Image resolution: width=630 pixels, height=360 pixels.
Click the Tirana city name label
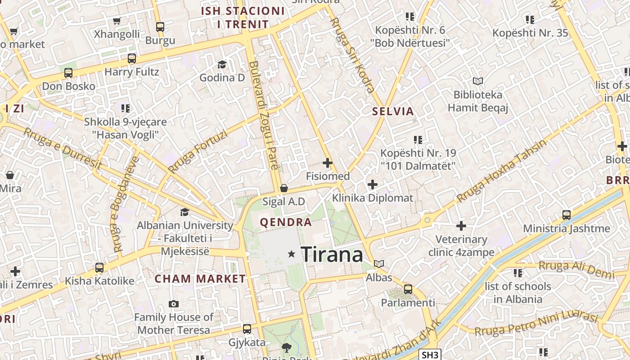pyautogui.click(x=332, y=255)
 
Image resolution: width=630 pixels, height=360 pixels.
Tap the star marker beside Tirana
pyautogui.click(x=292, y=254)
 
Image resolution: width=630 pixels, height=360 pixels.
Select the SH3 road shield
pyautogui.click(x=430, y=355)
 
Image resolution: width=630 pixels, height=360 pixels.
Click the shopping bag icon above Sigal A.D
pyautogui.click(x=284, y=188)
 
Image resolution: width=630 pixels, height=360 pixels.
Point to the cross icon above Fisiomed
pyautogui.click(x=328, y=163)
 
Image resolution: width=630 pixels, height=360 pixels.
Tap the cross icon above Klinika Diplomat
pyautogui.click(x=373, y=184)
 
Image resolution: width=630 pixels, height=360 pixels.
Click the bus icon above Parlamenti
pyautogui.click(x=408, y=289)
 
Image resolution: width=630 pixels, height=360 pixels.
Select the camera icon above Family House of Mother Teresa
pyautogui.click(x=174, y=304)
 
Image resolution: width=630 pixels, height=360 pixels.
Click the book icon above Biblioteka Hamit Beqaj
pyautogui.click(x=478, y=81)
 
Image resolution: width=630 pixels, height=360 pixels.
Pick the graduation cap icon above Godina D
pyautogui.click(x=222, y=65)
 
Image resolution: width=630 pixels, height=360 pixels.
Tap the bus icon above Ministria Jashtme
pyautogui.click(x=567, y=215)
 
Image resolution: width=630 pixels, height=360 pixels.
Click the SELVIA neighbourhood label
pyautogui.click(x=393, y=112)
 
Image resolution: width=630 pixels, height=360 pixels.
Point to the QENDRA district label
pyautogui.click(x=286, y=222)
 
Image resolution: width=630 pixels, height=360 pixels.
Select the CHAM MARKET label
pyautogui.click(x=200, y=279)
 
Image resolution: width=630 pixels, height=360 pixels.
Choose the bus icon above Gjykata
pyautogui.click(x=247, y=329)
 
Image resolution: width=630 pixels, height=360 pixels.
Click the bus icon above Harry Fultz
pyautogui.click(x=132, y=58)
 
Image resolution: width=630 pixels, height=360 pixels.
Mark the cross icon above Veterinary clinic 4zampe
pyautogui.click(x=461, y=226)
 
